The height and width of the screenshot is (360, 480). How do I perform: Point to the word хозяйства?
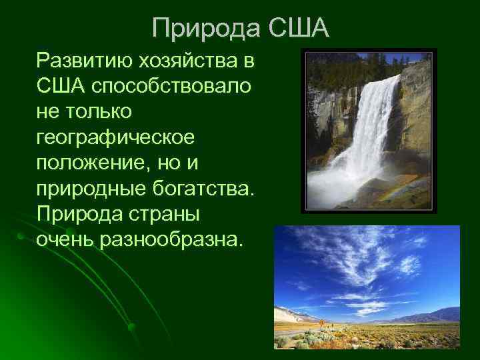click(x=188, y=61)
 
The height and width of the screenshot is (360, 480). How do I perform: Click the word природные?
click(x=91, y=187)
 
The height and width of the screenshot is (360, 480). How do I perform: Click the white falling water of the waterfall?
click(x=373, y=127)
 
